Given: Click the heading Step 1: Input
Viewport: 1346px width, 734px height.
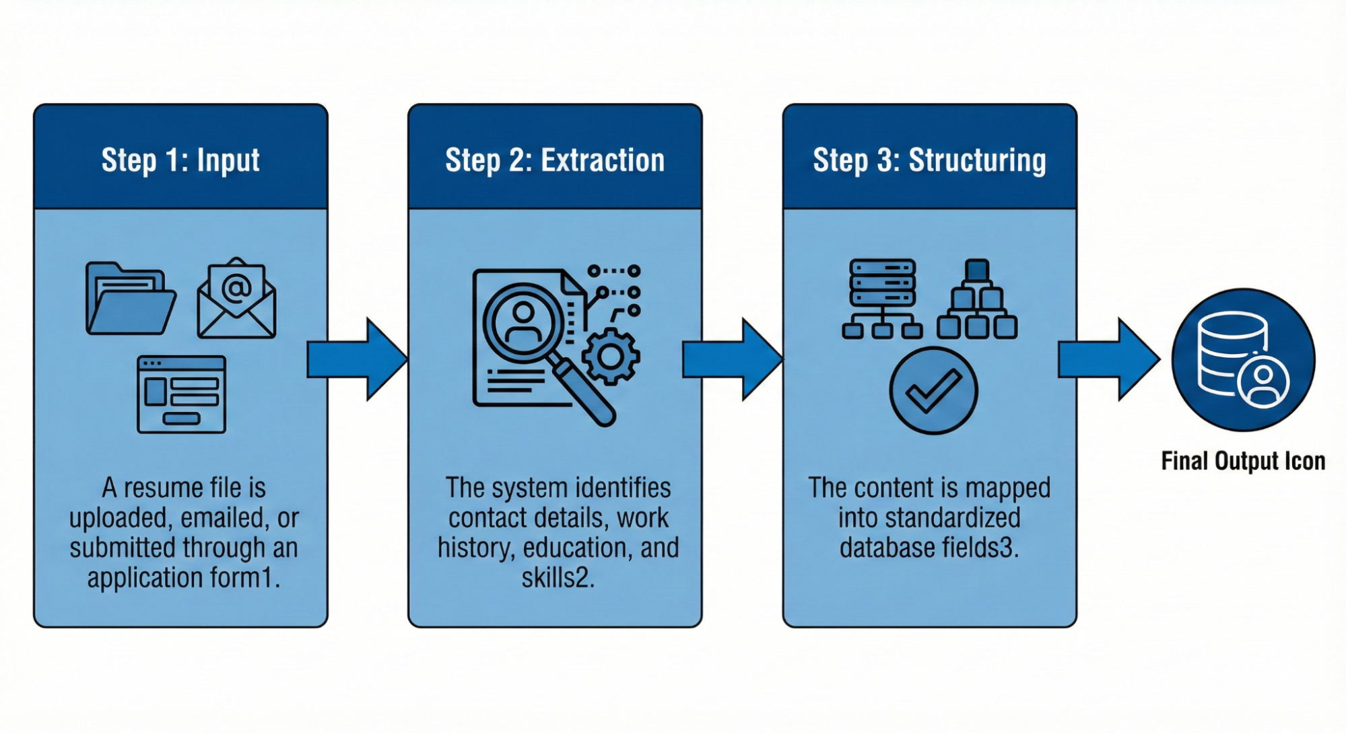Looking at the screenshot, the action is click(x=180, y=160).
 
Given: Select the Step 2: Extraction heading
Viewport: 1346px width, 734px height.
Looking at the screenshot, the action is click(x=555, y=160).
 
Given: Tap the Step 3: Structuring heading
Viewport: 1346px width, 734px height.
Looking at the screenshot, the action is click(x=929, y=160).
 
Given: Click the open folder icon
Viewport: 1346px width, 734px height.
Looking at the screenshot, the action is click(x=131, y=299).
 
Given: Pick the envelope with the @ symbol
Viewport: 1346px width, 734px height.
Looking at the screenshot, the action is click(x=236, y=298).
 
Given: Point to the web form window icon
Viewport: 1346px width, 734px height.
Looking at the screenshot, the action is click(x=181, y=394).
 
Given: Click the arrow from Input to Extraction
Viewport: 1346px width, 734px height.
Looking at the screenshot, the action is click(x=357, y=359).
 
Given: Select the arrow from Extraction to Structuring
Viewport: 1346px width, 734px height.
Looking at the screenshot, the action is click(x=732, y=359).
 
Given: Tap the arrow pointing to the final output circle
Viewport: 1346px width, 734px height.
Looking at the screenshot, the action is click(x=1108, y=359).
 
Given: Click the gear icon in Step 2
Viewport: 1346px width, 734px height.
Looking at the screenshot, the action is click(x=611, y=357).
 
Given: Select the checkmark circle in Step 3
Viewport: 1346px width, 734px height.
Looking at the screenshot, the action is click(x=933, y=390).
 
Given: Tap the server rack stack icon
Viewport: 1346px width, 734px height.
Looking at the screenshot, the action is click(x=882, y=299).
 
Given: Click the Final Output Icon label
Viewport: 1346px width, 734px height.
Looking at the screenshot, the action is click(x=1243, y=461).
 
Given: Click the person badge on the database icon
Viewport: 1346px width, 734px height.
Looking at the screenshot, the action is click(x=1263, y=381).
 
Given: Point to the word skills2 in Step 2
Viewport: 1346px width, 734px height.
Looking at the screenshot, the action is click(x=558, y=577).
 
